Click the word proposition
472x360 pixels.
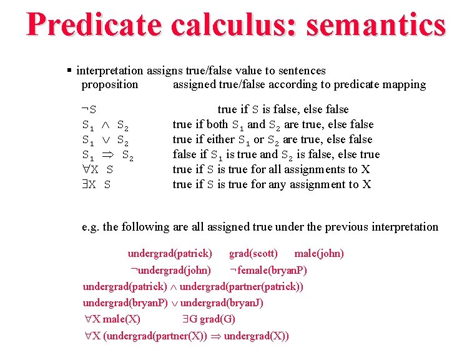pos(110,84)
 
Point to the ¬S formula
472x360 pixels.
pos(89,110)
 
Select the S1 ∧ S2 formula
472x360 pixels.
pos(106,125)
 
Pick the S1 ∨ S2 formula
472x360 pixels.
pos(106,140)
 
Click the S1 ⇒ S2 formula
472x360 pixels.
pos(107,155)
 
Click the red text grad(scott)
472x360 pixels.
pos(253,254)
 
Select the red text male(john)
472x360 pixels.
pos(319,254)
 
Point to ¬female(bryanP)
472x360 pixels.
pos(268,271)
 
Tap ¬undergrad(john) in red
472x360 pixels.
pos(170,271)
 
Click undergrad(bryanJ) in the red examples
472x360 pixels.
pos(222,303)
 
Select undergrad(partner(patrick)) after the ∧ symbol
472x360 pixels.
pos(242,287)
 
